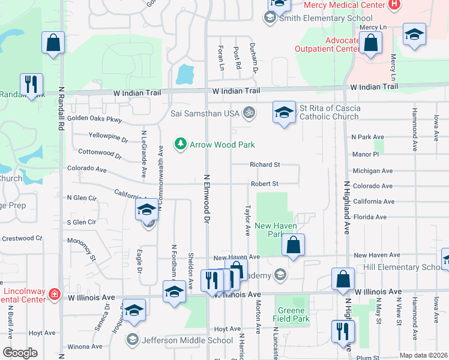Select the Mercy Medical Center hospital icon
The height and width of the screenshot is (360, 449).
394,5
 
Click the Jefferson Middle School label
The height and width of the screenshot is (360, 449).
187,340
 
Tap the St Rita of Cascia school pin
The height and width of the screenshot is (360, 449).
285,112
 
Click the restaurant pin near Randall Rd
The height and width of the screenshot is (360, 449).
31,84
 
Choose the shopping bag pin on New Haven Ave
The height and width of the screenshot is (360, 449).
293,245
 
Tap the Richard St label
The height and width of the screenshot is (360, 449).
265,164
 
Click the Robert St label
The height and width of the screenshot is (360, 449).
265,184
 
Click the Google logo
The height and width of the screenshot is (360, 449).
20,353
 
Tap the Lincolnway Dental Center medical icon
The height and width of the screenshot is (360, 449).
54,293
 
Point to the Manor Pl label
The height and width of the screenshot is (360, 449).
366,154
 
